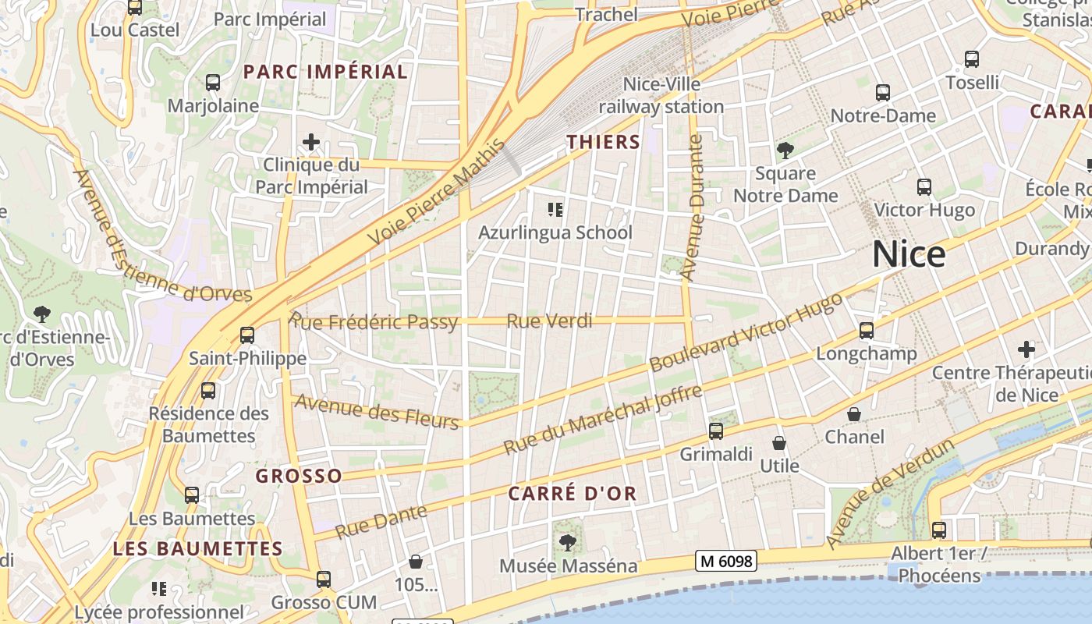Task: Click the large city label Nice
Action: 909,254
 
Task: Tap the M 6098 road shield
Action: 726,561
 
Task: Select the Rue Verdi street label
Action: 549,321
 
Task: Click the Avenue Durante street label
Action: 692,207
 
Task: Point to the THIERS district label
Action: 603,142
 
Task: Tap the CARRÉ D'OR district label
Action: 573,493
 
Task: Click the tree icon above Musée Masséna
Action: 567,542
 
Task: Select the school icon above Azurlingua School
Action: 555,209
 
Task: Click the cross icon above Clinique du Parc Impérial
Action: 311,142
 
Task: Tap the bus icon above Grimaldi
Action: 715,431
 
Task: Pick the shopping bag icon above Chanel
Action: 854,414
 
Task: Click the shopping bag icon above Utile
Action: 778,444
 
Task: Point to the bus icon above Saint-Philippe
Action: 247,335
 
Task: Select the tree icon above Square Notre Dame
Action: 785,150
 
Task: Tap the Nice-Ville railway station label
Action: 661,95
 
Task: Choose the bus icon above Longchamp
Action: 866,331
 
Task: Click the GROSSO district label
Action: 299,476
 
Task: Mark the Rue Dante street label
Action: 381,522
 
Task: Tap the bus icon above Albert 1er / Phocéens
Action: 938,530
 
